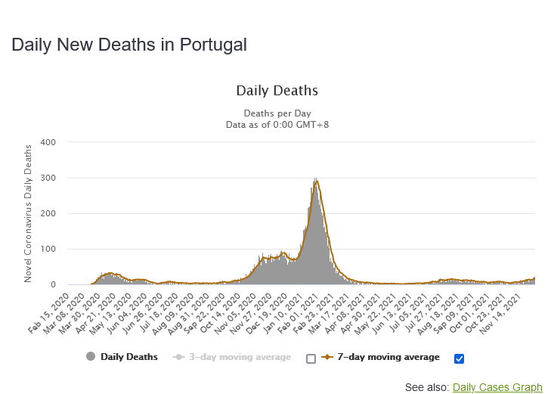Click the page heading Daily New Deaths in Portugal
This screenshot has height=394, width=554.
click(x=128, y=45)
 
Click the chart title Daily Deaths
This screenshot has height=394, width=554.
click(x=277, y=91)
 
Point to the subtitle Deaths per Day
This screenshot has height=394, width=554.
click(x=277, y=113)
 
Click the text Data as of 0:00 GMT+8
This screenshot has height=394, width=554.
click(x=277, y=124)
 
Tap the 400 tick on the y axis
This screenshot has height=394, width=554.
click(x=48, y=142)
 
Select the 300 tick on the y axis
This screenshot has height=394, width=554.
click(x=48, y=178)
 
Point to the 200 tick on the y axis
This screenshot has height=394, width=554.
click(x=48, y=213)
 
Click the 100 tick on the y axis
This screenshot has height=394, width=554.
click(x=48, y=250)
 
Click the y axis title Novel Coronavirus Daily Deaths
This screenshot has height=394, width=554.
click(x=28, y=213)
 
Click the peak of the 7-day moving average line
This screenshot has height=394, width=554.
click(x=316, y=180)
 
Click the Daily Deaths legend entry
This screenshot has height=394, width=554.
click(x=128, y=357)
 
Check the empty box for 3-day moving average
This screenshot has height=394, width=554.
click(x=311, y=358)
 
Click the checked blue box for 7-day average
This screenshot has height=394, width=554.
click(x=459, y=358)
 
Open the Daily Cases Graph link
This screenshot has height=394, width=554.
click(x=497, y=387)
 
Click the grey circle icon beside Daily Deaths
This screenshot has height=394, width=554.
click(x=91, y=357)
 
